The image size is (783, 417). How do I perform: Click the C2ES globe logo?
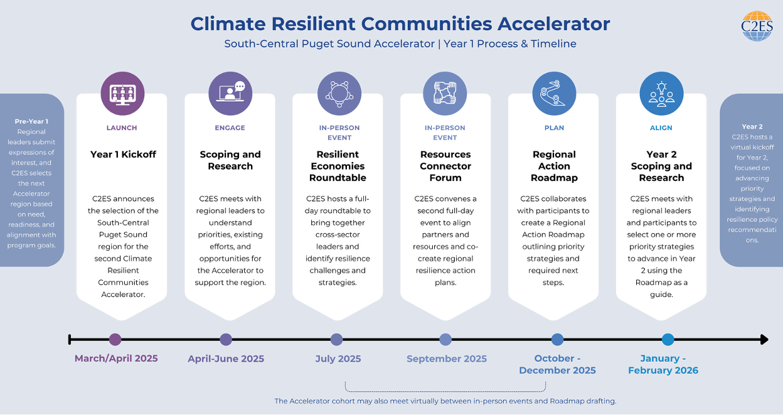757,26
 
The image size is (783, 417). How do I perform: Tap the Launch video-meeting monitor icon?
122,94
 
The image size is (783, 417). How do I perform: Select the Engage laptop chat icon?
230,92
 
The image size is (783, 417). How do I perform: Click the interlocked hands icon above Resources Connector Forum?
445,93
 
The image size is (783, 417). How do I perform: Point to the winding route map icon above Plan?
554,93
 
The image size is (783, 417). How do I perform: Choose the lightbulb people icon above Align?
661,94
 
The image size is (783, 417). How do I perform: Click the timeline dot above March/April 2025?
115,339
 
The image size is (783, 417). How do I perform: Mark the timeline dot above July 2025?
337,339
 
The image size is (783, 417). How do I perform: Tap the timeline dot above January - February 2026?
668,339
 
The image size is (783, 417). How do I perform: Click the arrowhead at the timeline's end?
764,339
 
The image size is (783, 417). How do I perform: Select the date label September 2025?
446,359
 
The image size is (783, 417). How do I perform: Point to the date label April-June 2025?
226,359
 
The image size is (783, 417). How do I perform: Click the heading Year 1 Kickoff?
123,154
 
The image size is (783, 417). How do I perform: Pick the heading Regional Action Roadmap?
554,166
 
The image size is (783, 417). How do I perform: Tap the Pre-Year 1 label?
31,121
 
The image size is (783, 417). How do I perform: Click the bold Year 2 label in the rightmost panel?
752,127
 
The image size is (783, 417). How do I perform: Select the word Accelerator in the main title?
554,24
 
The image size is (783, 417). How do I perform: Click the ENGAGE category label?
230,127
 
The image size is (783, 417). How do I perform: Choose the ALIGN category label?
661,127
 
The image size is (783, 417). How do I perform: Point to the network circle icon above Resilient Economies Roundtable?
339,94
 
